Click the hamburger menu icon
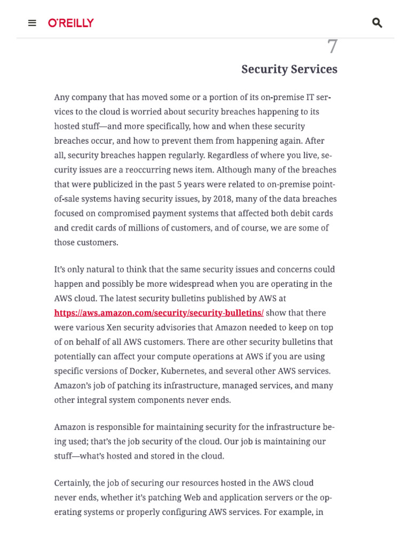click(32, 23)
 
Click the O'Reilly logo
click(71, 23)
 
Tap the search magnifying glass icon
click(377, 23)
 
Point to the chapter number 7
click(332, 47)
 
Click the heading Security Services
click(289, 69)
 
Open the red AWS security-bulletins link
click(159, 313)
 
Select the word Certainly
click(72, 483)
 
